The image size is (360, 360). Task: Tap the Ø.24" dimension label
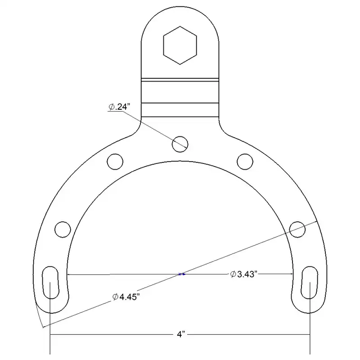point(119,107)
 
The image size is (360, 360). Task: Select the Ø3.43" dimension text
point(243,274)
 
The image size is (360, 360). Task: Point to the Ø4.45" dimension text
point(126,297)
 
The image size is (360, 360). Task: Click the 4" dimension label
point(181,334)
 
